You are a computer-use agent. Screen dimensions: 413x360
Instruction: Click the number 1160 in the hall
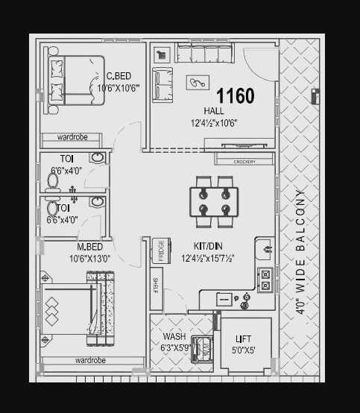click(x=235, y=96)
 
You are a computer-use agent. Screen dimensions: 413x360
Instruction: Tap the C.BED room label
click(x=119, y=76)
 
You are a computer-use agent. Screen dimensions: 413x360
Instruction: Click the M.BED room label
click(x=89, y=248)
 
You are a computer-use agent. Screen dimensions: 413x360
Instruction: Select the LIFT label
click(x=243, y=338)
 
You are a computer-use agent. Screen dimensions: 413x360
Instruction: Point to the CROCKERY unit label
click(x=244, y=162)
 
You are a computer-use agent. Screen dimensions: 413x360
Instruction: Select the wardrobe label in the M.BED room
click(x=90, y=360)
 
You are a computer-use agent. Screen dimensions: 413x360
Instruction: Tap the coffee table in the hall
click(x=198, y=84)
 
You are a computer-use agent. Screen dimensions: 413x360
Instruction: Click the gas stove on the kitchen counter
click(x=264, y=280)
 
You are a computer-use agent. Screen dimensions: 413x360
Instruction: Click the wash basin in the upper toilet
click(x=97, y=159)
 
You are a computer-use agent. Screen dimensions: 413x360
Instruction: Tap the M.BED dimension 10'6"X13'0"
click(x=89, y=259)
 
